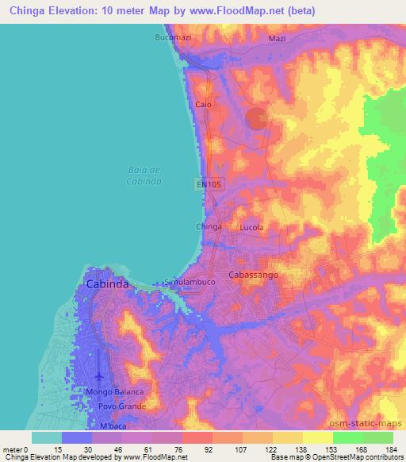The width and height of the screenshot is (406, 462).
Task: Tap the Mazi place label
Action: coord(277,37)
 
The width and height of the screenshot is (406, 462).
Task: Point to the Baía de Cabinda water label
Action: coord(144,175)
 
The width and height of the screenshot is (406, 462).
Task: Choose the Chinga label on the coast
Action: coord(209,227)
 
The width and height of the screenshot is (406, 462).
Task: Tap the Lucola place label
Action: coord(251,227)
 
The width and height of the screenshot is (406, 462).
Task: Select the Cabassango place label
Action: coord(252,274)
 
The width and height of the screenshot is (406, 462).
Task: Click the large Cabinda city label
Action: coord(107,283)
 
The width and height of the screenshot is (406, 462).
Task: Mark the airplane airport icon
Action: coord(98,375)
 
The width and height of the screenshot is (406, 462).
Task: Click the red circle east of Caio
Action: coord(257,119)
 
